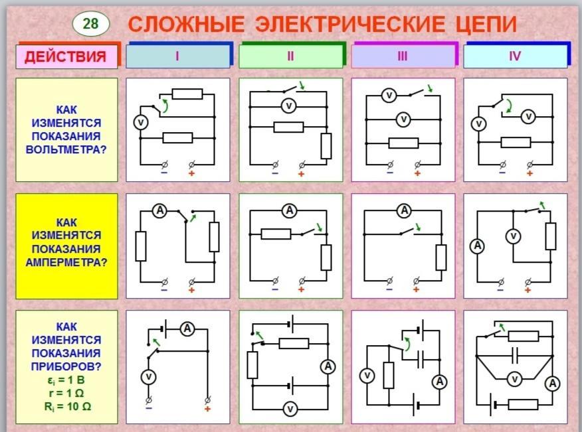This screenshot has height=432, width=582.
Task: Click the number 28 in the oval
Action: [90, 24]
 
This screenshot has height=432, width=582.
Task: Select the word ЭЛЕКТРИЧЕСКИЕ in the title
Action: [349, 24]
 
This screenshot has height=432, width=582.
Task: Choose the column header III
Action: [403, 56]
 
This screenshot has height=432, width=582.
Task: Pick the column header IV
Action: [515, 56]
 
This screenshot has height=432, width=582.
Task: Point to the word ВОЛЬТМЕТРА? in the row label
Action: [66, 150]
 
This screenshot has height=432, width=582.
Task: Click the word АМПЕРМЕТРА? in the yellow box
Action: [66, 263]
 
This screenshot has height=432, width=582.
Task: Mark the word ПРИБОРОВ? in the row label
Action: [66, 366]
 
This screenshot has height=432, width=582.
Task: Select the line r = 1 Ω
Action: [66, 393]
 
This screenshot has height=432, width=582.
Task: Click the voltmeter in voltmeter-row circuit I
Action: [141, 122]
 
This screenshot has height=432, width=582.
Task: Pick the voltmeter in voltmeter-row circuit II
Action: [288, 107]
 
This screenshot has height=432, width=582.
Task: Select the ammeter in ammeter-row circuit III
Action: [404, 210]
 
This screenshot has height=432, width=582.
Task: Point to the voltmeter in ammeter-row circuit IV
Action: [514, 236]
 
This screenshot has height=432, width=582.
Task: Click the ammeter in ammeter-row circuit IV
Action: [477, 246]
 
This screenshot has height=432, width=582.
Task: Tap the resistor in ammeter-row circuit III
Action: [441, 257]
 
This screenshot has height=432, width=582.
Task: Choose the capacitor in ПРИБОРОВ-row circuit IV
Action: [514, 356]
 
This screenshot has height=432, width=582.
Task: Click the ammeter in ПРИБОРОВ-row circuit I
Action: [187, 328]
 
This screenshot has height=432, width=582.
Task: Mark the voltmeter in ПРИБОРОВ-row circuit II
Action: [290, 409]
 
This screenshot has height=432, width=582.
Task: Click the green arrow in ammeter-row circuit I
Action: [193, 218]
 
